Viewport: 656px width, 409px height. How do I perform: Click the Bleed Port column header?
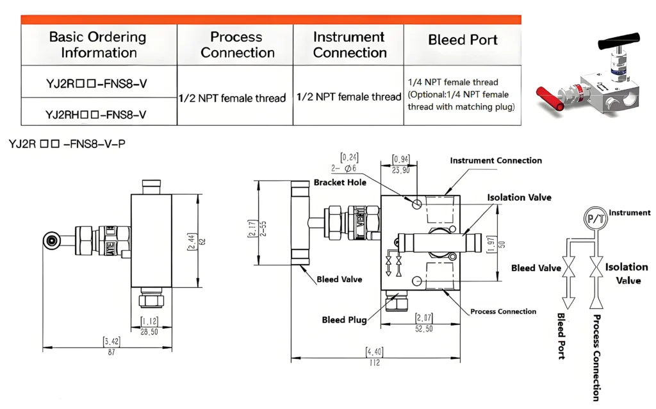click(x=463, y=40)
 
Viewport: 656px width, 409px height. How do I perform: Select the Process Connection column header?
click(x=236, y=45)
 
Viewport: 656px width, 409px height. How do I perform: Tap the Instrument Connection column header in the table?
click(x=349, y=45)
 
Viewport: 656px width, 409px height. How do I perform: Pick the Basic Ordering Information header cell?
click(x=98, y=45)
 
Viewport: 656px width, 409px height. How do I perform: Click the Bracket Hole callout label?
click(x=340, y=183)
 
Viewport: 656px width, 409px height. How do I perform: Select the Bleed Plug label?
click(x=343, y=320)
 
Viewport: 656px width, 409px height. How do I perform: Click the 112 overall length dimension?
click(x=375, y=363)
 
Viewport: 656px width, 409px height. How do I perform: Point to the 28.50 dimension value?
click(x=149, y=332)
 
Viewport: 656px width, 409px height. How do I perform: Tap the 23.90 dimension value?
click(x=402, y=171)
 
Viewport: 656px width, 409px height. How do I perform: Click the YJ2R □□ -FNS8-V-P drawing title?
click(x=67, y=144)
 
